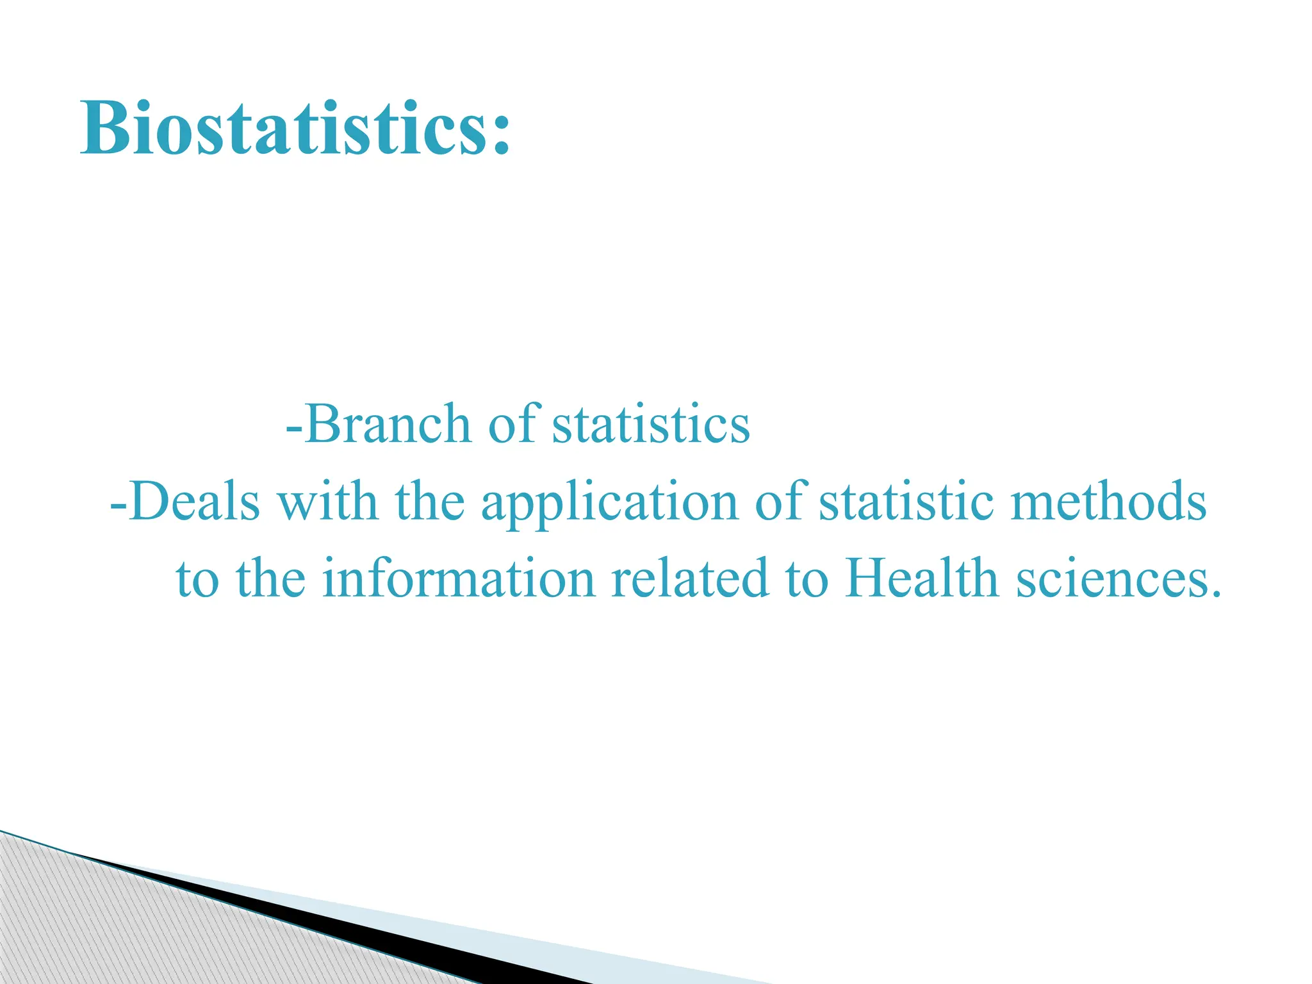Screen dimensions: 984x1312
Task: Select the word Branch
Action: [388, 424]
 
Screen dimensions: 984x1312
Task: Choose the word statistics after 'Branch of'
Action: [651, 424]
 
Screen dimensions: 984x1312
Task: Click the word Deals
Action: [195, 501]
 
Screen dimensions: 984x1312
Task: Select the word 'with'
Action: [327, 501]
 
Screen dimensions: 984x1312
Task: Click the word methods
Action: [1109, 501]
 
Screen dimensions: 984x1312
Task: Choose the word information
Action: [458, 578]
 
